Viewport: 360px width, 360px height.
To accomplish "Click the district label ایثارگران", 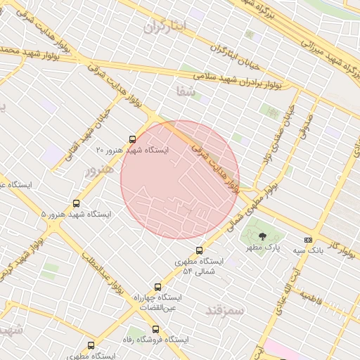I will [x=166, y=27].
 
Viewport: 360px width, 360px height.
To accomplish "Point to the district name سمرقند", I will [x=225, y=309].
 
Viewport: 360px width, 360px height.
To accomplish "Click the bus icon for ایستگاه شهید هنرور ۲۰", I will [x=133, y=139].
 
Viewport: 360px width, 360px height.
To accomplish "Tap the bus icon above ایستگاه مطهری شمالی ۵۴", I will [x=199, y=250].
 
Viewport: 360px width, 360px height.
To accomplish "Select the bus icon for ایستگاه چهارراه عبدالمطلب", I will [x=157, y=287].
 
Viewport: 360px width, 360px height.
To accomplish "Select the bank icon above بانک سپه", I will [x=308, y=240].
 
